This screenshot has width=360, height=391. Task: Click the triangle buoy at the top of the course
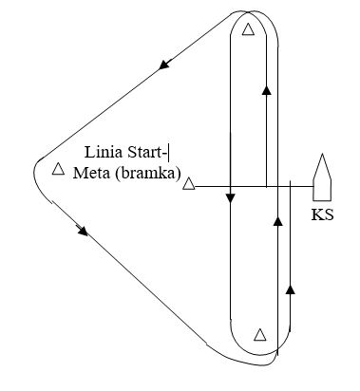pyautogui.click(x=248, y=29)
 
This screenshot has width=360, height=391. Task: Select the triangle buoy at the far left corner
pyautogui.click(x=58, y=169)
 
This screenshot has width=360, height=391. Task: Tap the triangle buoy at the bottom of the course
pyautogui.click(x=260, y=335)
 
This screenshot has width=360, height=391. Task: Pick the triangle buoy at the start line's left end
pyautogui.click(x=189, y=184)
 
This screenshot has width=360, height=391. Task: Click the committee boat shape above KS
pyautogui.click(x=322, y=177)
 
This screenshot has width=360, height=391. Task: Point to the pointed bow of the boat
pyautogui.click(x=322, y=154)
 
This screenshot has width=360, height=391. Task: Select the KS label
pyautogui.click(x=323, y=214)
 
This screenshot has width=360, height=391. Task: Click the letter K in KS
pyautogui.click(x=317, y=214)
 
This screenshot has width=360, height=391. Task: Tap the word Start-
pyautogui.click(x=147, y=153)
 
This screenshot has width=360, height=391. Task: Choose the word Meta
pyautogui.click(x=91, y=173)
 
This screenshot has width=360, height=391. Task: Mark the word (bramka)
pyautogui.click(x=148, y=174)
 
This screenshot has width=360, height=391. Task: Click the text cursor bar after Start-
pyautogui.click(x=169, y=153)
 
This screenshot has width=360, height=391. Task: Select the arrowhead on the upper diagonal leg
pyautogui.click(x=165, y=65)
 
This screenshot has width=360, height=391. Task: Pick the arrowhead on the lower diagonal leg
pyautogui.click(x=84, y=231)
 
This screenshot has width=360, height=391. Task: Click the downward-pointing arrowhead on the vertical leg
pyautogui.click(x=230, y=198)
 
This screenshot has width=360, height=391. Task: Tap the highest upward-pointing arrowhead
pyautogui.click(x=267, y=90)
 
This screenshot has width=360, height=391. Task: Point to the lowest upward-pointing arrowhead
pyautogui.click(x=290, y=289)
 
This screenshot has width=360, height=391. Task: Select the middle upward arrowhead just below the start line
pyautogui.click(x=277, y=221)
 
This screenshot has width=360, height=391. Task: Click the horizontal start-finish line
pyautogui.click(x=255, y=187)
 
